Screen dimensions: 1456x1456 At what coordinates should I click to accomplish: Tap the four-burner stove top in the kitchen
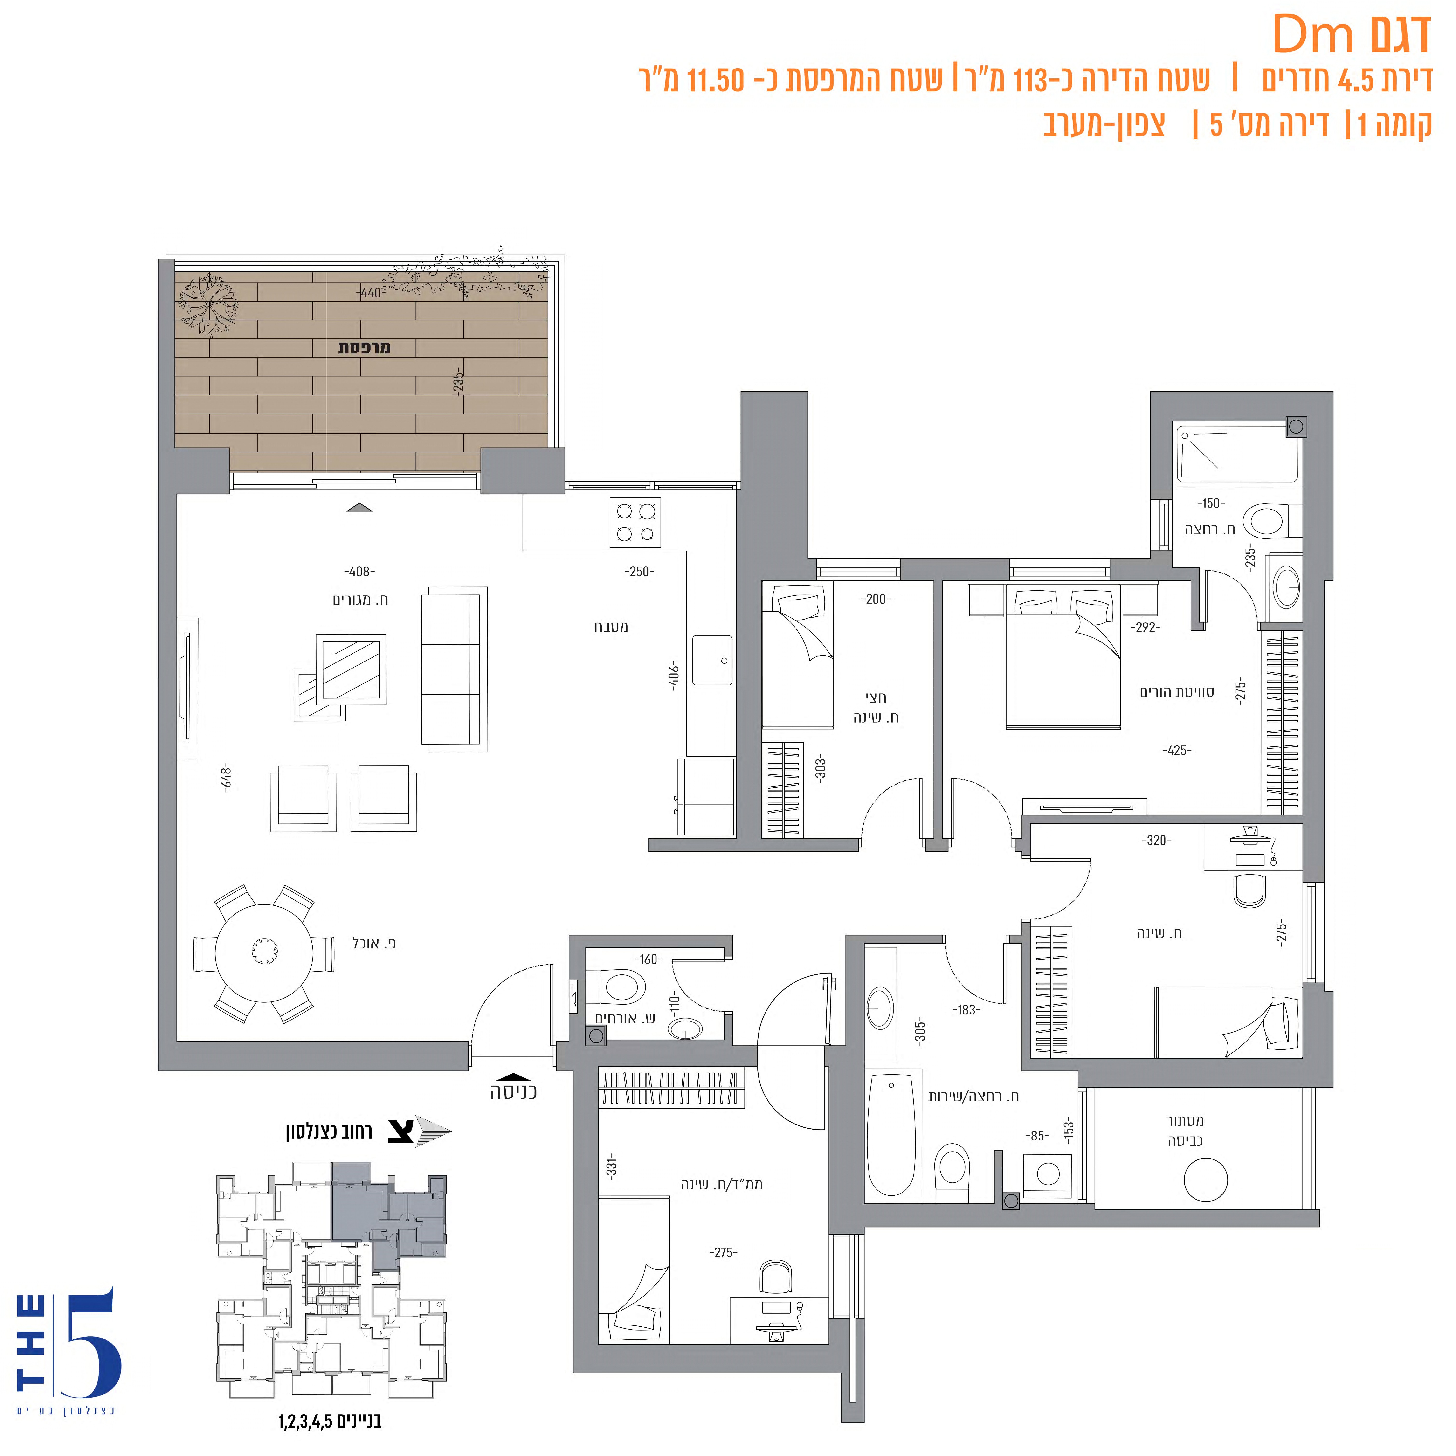click(635, 522)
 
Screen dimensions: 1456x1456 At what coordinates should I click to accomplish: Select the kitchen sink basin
click(712, 660)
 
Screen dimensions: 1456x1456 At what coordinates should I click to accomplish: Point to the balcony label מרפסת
click(364, 347)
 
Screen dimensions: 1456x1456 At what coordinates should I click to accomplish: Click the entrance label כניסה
click(513, 1092)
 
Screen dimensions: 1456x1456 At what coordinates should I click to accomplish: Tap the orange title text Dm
click(1314, 35)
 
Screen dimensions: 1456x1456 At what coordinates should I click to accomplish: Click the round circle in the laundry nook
click(1206, 1180)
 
